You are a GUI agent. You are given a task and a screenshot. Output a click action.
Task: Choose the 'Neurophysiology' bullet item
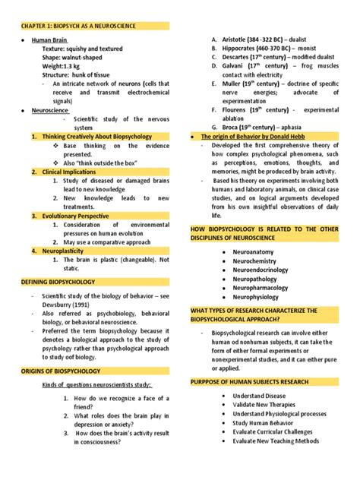tap(248, 297)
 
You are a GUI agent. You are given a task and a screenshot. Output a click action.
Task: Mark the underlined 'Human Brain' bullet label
tap(49, 38)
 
